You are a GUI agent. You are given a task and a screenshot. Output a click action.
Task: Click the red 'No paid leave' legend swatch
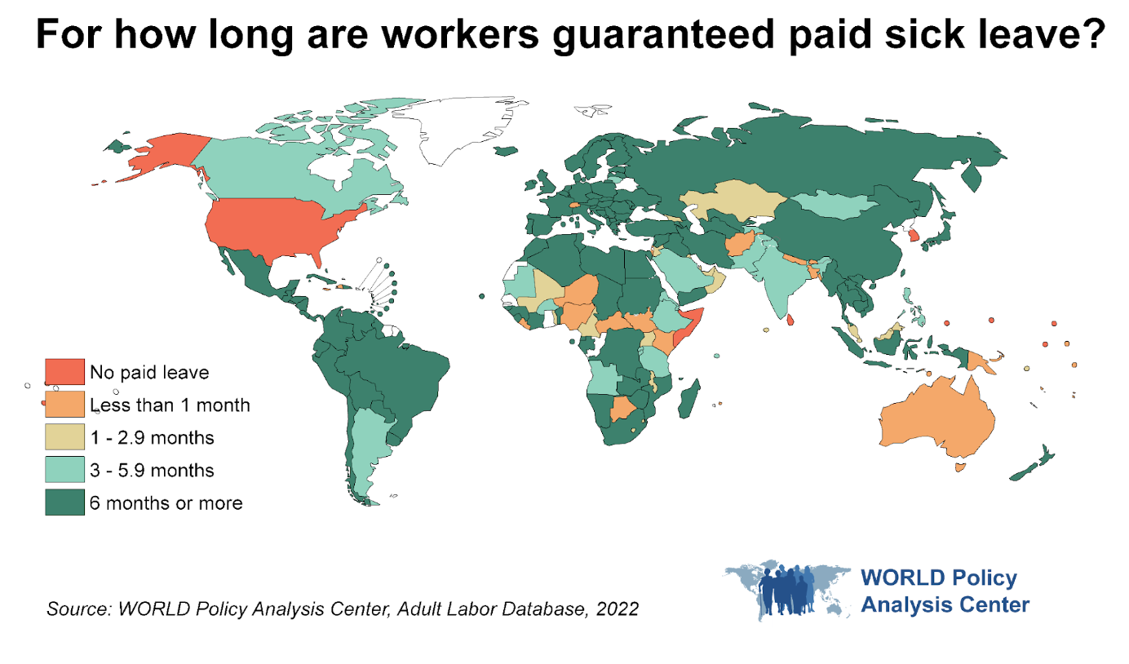pyautogui.click(x=64, y=372)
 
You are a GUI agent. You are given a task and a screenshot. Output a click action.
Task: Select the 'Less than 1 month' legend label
pyautogui.click(x=170, y=405)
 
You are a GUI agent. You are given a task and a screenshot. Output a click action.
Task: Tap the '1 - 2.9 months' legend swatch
pyautogui.click(x=64, y=437)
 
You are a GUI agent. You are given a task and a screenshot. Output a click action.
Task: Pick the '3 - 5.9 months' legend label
pyautogui.click(x=152, y=471)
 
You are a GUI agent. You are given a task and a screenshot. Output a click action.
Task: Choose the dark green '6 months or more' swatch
pyautogui.click(x=64, y=502)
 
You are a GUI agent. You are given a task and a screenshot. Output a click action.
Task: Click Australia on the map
pyautogui.click(x=938, y=420)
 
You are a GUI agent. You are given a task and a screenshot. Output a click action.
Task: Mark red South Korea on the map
pyautogui.click(x=914, y=236)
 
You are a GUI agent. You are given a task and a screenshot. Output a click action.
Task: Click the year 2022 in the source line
pyautogui.click(x=615, y=609)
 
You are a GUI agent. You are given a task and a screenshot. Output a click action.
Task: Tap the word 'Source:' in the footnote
pyautogui.click(x=77, y=609)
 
